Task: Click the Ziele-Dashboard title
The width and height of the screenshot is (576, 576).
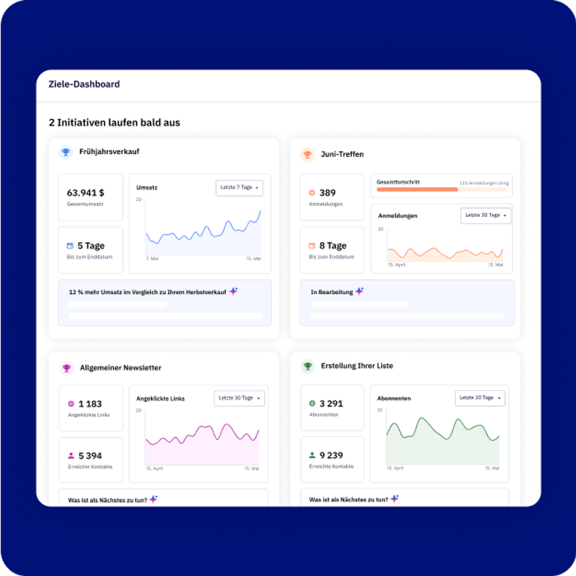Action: [x=84, y=84]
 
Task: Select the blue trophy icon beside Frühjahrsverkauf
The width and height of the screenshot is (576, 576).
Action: [x=66, y=152]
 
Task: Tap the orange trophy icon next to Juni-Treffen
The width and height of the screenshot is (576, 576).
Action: [x=307, y=154]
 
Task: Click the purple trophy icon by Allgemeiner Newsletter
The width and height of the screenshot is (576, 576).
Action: [x=67, y=368]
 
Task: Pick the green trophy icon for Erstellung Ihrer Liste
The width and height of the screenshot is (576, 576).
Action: [x=308, y=366]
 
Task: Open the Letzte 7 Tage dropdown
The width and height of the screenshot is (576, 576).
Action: [x=239, y=188]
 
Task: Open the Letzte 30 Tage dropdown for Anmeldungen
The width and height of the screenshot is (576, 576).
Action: [x=486, y=215]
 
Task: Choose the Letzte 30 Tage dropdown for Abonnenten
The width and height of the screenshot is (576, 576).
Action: [x=480, y=398]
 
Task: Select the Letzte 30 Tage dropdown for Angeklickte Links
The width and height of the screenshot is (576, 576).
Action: [x=239, y=398]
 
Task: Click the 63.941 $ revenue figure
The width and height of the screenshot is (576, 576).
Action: [x=85, y=193]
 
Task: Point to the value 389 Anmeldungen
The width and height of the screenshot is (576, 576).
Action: [x=327, y=193]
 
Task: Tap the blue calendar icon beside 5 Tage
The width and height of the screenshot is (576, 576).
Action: [x=70, y=246]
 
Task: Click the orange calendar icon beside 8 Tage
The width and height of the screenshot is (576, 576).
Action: [x=312, y=246]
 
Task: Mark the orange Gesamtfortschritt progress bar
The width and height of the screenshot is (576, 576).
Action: [x=417, y=189]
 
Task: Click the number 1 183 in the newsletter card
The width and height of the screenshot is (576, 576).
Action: [x=90, y=404]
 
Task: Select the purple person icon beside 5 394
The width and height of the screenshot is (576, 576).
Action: [x=71, y=456]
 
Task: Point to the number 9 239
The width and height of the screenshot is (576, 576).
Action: [x=331, y=455]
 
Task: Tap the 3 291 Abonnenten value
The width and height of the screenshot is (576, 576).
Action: [x=331, y=404]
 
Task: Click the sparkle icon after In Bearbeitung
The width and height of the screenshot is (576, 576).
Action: [x=359, y=291]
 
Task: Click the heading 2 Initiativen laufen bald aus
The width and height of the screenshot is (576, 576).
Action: [x=114, y=123]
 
